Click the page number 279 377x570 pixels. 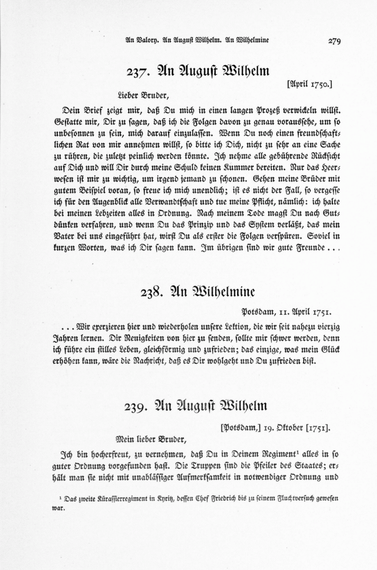(x=335, y=41)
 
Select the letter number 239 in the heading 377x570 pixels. (x=136, y=407)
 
